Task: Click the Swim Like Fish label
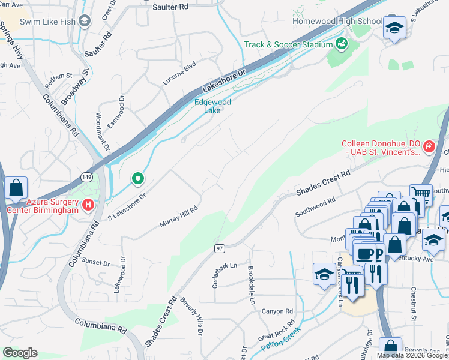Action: [x=47, y=22]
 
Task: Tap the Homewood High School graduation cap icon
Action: [x=395, y=28]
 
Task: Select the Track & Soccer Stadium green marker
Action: [x=342, y=44]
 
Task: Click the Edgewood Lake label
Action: [x=212, y=106]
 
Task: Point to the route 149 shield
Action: [x=86, y=176]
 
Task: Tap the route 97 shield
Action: [x=220, y=248]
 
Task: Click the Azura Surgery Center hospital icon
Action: [x=88, y=205]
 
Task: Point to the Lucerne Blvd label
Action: [x=179, y=73]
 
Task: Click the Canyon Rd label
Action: [x=277, y=311]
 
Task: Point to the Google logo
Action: [x=20, y=353]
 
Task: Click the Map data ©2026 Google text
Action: [x=412, y=355]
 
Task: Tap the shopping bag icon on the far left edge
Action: [x=14, y=187]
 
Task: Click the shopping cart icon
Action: [x=422, y=194]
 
